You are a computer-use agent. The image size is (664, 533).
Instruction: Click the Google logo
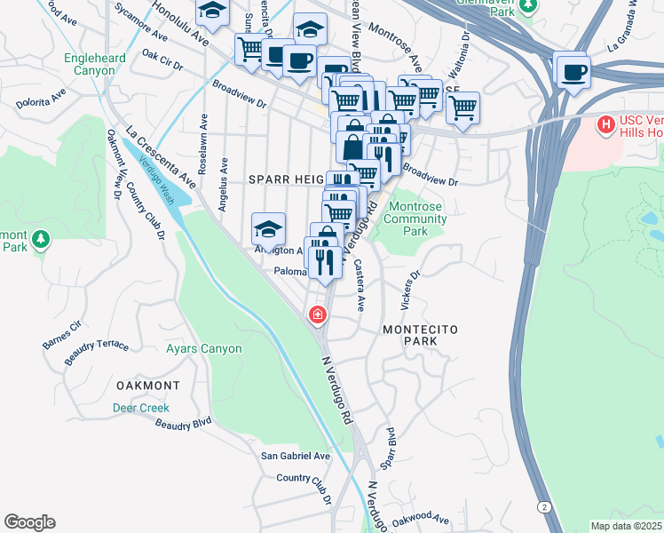pyautogui.click(x=29, y=522)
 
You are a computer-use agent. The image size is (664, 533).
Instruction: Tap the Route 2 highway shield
pyautogui.click(x=542, y=505)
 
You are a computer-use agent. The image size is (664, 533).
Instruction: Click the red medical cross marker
pyautogui.click(x=316, y=315)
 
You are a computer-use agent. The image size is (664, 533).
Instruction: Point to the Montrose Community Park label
pyautogui.click(x=416, y=219)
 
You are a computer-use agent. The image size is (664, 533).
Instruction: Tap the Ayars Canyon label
pyautogui.click(x=203, y=349)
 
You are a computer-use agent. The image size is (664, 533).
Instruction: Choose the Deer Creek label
pyautogui.click(x=140, y=408)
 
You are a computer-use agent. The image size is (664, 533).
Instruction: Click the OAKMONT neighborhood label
pyautogui.click(x=148, y=386)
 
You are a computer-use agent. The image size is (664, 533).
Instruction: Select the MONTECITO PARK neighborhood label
pyautogui.click(x=420, y=335)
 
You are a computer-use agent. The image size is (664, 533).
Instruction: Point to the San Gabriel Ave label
pyautogui.click(x=295, y=456)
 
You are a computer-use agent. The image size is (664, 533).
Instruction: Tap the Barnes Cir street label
pyautogui.click(x=61, y=332)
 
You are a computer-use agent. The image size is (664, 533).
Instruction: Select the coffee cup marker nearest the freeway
pyautogui.click(x=573, y=71)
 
